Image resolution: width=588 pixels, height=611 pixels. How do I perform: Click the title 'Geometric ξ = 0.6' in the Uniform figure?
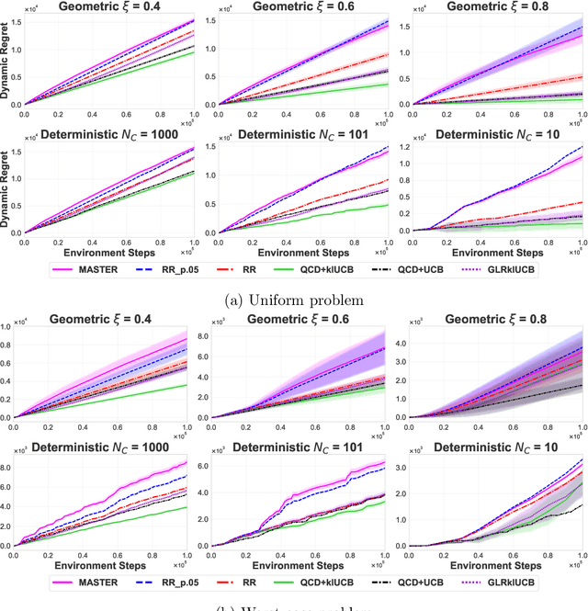292,7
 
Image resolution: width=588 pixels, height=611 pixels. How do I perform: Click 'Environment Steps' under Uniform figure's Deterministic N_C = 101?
292,249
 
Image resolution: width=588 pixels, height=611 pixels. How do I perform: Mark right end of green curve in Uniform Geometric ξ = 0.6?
387,85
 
